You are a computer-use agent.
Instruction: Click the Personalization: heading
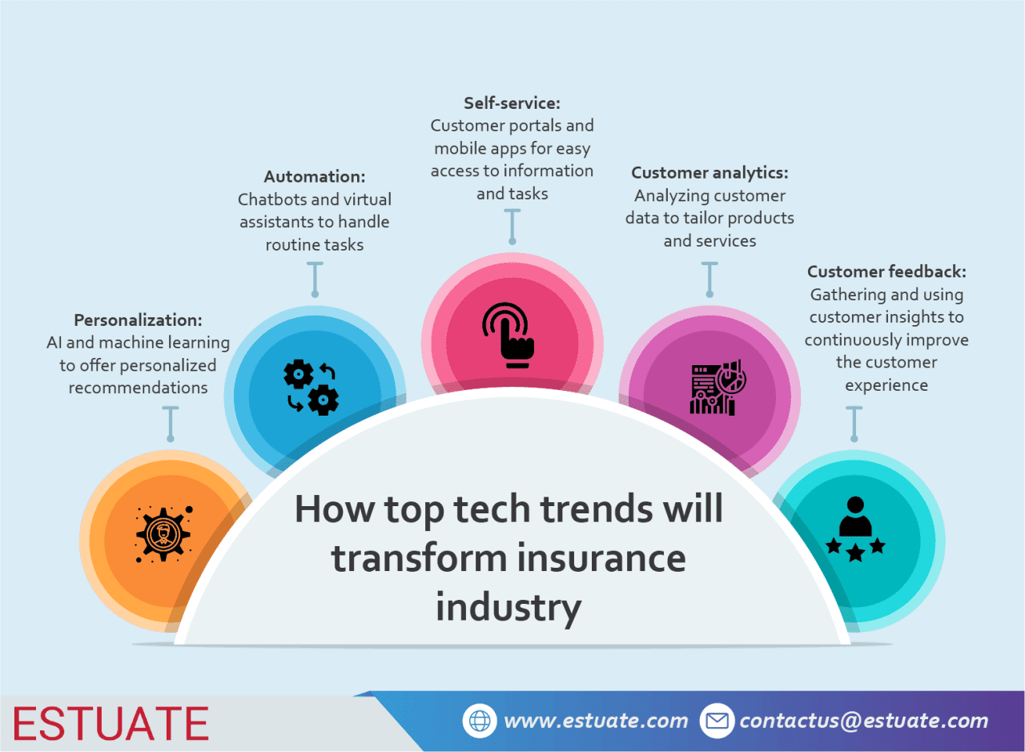pos(138,320)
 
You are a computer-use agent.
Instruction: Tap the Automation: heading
pos(315,176)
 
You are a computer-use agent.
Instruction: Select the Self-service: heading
pos(512,103)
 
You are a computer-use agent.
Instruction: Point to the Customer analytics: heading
pos(709,172)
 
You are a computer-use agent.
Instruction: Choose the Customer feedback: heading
pos(886,271)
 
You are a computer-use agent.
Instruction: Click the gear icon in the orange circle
pos(163,533)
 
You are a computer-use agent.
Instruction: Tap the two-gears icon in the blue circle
pos(312,388)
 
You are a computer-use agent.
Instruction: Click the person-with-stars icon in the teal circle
pos(855,529)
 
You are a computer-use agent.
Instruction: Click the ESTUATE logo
pos(111,723)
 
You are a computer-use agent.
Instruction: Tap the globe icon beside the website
pos(480,721)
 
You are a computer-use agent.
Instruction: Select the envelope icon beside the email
pos(717,721)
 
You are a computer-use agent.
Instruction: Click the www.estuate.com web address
pos(596,721)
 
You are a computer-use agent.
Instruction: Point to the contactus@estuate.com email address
pos(863,721)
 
